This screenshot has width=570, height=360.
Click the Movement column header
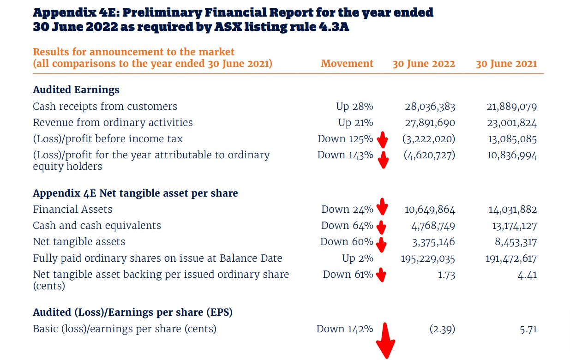click(x=347, y=64)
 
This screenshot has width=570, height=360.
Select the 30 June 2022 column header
click(x=424, y=64)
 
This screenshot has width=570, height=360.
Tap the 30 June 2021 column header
click(x=506, y=64)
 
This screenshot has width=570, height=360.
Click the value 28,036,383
click(x=430, y=107)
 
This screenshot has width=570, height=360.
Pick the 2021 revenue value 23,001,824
click(x=512, y=123)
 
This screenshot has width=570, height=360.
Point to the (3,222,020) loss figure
click(x=428, y=139)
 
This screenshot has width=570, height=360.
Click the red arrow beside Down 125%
click(x=383, y=139)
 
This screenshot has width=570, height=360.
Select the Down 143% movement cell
click(x=345, y=155)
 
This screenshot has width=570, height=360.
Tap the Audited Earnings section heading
click(x=76, y=90)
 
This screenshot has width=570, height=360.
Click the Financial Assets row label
click(x=72, y=209)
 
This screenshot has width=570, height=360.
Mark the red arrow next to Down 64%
click(x=381, y=227)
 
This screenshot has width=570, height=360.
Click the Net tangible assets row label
click(x=79, y=242)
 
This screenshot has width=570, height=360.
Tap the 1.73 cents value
click(x=446, y=275)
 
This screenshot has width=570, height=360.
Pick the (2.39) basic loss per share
click(x=442, y=329)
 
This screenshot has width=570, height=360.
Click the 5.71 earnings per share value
click(x=527, y=330)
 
